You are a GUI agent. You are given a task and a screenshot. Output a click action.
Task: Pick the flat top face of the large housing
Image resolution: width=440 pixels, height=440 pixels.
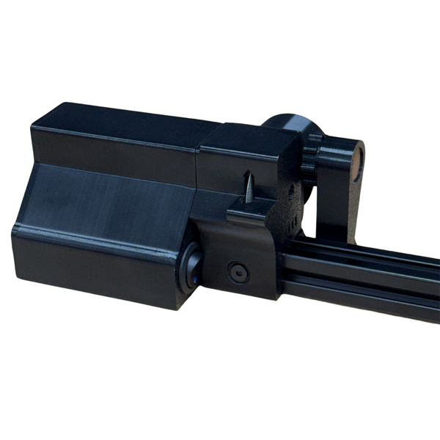(x=117, y=121)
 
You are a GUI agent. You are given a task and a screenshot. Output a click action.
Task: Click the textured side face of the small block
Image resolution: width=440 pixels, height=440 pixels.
(x=290, y=198)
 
